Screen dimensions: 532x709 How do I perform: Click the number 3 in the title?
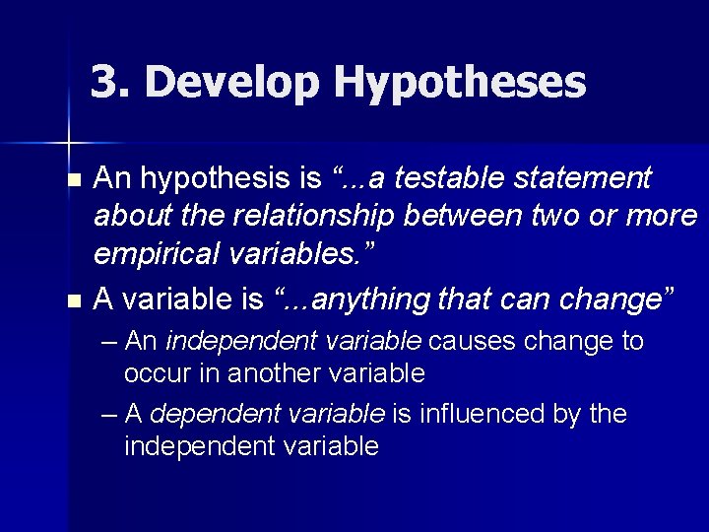pos(103,83)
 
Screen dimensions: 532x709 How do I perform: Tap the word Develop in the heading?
pos(226,84)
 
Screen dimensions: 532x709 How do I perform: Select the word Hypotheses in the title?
pos(459,84)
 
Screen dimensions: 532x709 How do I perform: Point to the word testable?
pos(450,178)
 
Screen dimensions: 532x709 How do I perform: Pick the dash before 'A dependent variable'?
pos(109,415)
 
